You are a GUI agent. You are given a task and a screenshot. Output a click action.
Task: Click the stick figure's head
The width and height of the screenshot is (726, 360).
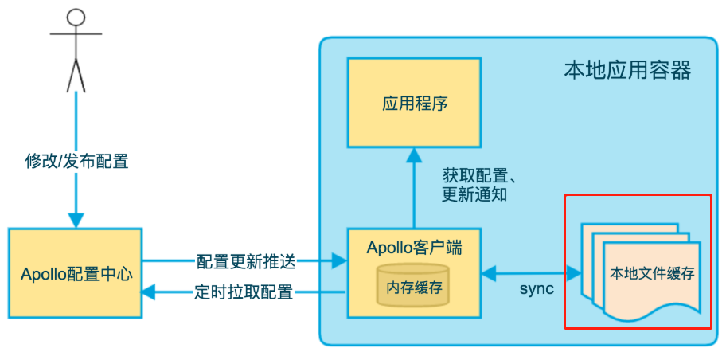pos(76,18)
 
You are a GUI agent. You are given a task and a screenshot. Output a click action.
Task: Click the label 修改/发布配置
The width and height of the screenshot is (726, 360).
pos(76,162)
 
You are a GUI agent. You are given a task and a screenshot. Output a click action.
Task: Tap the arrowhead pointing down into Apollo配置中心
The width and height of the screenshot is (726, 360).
pos(76,219)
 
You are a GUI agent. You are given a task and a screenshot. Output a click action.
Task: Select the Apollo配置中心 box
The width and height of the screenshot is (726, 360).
pos(75,273)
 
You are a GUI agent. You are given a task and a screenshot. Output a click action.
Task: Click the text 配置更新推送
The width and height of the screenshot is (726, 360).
pos(245,263)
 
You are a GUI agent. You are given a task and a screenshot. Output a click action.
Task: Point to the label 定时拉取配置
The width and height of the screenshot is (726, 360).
pos(244,292)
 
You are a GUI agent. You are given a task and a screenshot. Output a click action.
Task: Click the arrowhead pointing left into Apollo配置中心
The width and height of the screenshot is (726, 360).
pos(149,292)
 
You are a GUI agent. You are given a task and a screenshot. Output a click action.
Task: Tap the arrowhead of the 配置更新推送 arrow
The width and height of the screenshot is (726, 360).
pos(340,262)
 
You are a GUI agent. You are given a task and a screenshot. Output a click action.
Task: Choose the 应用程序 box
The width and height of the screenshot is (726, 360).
pos(415,103)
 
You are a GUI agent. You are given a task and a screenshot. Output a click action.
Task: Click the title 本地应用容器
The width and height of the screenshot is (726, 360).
pos(627,71)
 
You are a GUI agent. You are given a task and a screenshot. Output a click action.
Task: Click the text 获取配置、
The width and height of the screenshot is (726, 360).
pos(479,177)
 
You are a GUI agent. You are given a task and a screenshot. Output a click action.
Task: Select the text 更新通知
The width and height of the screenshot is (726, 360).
pos(474,195)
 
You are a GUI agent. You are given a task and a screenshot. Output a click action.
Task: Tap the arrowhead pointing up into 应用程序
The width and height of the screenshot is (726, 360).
pos(414,156)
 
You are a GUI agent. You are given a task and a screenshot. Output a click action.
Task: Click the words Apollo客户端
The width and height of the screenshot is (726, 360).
pos(415,248)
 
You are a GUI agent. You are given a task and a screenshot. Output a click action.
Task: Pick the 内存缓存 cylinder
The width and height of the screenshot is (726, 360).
pos(413,284)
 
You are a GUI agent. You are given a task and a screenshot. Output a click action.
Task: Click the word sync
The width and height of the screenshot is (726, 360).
pos(537,288)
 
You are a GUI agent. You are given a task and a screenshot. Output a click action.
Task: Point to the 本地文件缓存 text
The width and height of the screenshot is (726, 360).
pos(653,274)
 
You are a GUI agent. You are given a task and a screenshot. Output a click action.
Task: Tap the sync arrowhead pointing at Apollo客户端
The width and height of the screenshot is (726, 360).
pos(490,273)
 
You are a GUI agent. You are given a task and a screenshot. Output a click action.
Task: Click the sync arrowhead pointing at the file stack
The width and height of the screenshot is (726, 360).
pos(573,273)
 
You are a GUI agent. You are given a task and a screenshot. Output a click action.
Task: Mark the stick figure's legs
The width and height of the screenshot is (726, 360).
pos(76,74)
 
